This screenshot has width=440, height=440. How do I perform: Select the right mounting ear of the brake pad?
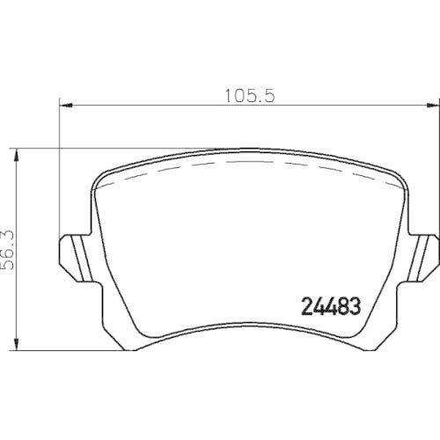pos(424,254)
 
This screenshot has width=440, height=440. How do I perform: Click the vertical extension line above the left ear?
pos(59,176)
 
